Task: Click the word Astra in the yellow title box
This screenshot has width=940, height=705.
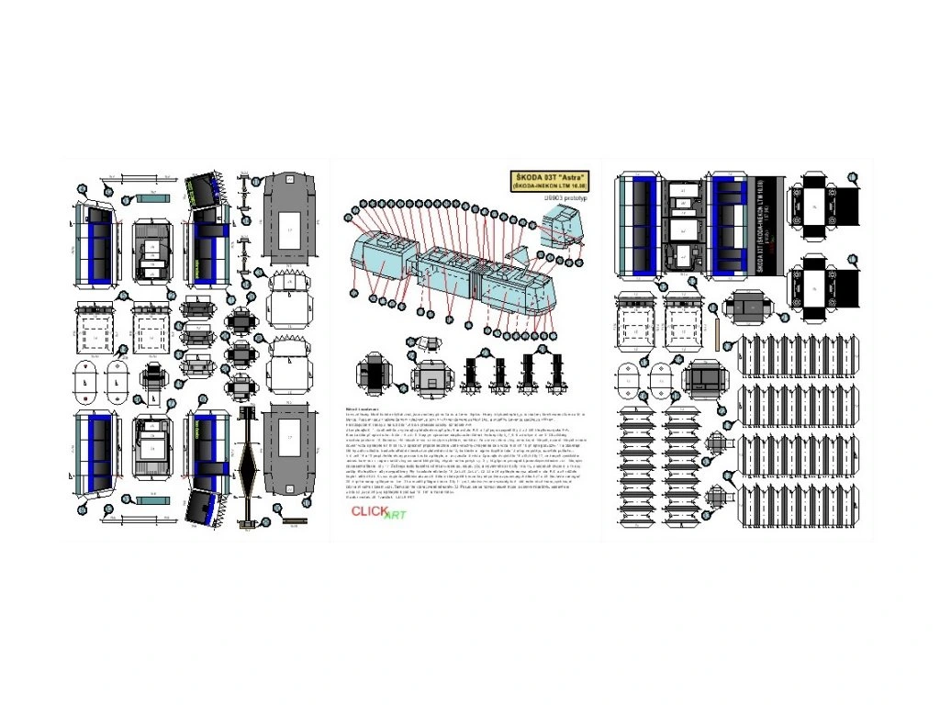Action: click(570, 176)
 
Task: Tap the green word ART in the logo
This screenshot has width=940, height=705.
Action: click(395, 515)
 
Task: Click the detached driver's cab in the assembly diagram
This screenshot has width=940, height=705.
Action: click(562, 224)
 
